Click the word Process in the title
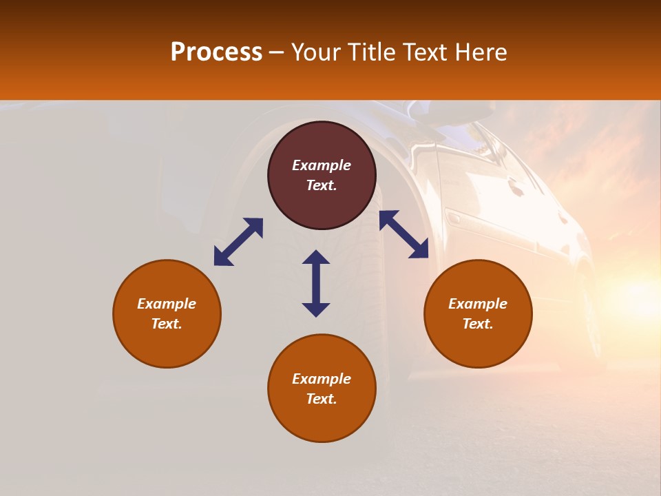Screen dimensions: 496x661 [216, 52]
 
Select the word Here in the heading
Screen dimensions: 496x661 [481, 52]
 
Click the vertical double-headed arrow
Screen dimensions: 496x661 [316, 283]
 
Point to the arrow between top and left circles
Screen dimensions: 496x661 [238, 242]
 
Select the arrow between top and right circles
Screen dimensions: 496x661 [403, 234]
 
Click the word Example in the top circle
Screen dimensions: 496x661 [322, 165]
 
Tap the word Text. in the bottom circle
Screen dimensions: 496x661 [322, 399]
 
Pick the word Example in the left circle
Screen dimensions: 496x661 [167, 304]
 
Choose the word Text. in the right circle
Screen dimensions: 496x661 [478, 324]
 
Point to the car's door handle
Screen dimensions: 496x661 [454, 219]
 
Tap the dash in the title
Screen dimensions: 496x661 [277, 52]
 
